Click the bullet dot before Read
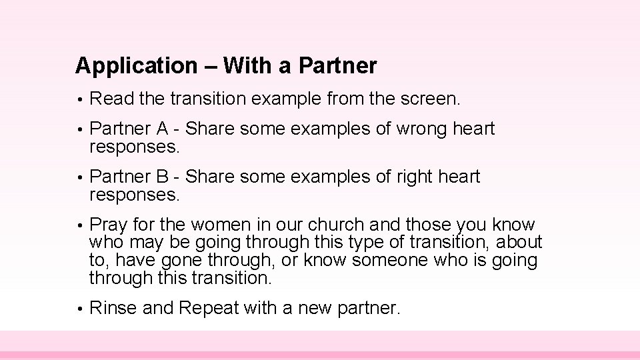click(x=79, y=101)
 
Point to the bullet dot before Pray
click(x=79, y=225)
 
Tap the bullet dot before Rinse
click(x=79, y=309)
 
